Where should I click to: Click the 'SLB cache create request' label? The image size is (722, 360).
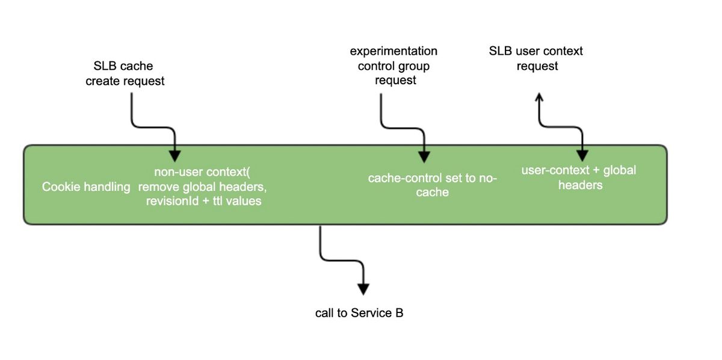(x=125, y=73)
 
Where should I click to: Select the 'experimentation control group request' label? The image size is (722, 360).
(x=393, y=66)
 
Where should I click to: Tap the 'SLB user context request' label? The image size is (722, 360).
(x=535, y=58)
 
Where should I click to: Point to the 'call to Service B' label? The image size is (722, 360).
(x=359, y=313)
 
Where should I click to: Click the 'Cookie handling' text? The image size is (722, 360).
(x=86, y=187)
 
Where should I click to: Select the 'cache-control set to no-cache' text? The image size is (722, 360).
(x=432, y=185)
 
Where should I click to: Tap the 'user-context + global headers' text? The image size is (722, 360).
(x=579, y=178)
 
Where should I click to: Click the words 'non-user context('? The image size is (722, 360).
(x=202, y=172)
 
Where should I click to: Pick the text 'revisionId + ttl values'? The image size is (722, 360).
(x=204, y=201)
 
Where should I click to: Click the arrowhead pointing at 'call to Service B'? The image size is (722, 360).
(x=363, y=289)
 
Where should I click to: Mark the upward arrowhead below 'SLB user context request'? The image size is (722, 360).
(x=539, y=97)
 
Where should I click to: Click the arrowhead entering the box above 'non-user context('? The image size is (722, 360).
(x=174, y=156)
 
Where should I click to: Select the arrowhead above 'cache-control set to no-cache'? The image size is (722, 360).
(x=424, y=157)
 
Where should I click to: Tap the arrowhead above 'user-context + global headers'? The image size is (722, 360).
(x=582, y=156)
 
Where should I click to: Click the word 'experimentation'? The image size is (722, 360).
(x=393, y=51)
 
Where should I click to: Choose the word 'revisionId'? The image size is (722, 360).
(x=173, y=201)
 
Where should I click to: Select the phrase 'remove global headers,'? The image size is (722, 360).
(x=202, y=187)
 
